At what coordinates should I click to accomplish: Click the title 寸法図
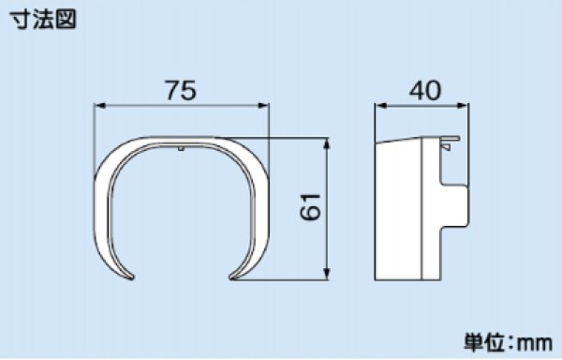point(43,19)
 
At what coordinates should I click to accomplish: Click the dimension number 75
point(181,90)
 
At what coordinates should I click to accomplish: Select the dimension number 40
point(424,90)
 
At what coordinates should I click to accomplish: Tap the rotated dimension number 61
point(310,207)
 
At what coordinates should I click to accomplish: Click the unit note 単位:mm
point(508,342)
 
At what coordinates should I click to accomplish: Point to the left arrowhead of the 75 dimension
point(100,105)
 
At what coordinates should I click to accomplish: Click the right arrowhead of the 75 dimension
point(262,105)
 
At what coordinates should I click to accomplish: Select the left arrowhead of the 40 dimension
point(381,105)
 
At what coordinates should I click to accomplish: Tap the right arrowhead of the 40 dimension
point(463,105)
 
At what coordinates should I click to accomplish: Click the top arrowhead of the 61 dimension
point(326,143)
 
